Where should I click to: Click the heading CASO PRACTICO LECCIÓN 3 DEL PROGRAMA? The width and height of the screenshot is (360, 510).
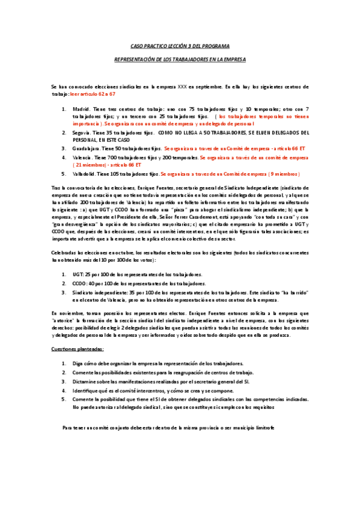pyautogui.click(x=180, y=46)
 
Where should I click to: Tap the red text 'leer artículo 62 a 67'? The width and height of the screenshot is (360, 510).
pyautogui.click(x=93, y=94)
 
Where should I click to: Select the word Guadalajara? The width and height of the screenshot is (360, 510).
pyautogui.click(x=86, y=147)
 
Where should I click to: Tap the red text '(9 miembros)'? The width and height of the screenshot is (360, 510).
pyautogui.click(x=278, y=174)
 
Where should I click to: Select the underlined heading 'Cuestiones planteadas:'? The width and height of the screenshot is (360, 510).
pyautogui.click(x=77, y=349)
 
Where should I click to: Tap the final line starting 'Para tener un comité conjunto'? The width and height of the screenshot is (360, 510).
pyautogui.click(x=168, y=427)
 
